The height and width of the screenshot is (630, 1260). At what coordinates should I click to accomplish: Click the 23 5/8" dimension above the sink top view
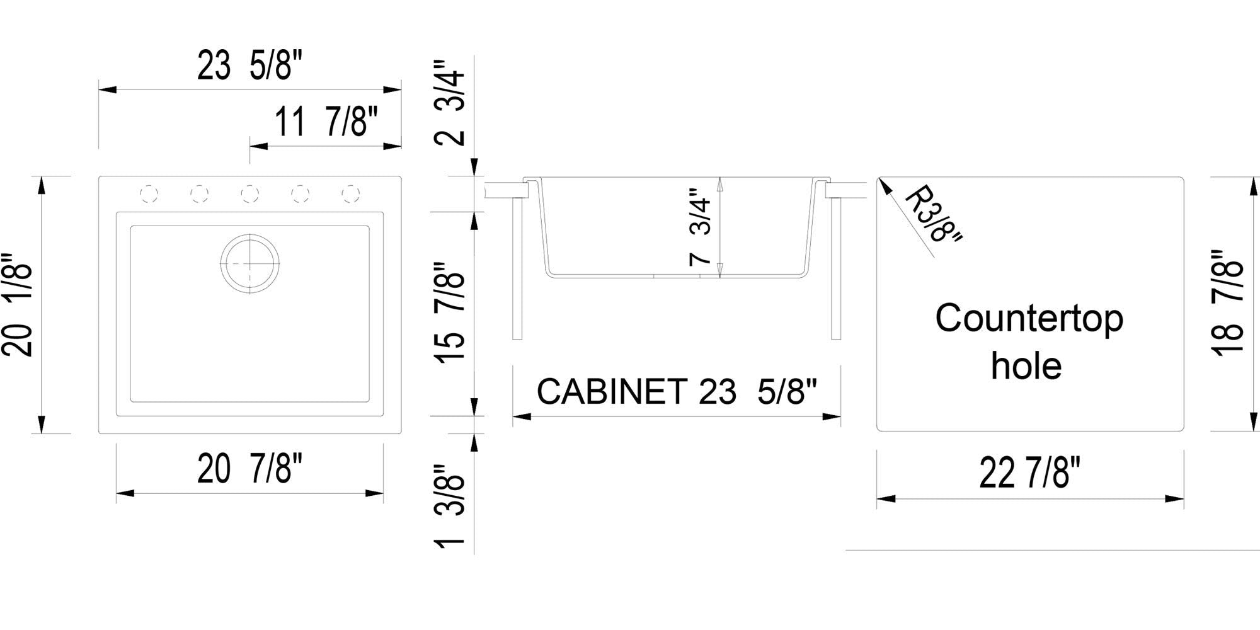[249, 66]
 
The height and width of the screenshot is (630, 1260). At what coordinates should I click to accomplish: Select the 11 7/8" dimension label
[326, 122]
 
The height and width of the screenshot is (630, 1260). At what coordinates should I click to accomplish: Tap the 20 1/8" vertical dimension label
[18, 306]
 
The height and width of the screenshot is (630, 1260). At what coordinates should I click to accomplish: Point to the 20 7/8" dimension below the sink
[249, 469]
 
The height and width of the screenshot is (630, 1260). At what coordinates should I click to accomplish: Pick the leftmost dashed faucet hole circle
[149, 194]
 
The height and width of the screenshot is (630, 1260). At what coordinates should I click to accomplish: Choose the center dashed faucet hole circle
[250, 194]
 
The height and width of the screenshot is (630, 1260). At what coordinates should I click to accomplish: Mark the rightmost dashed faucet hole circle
[351, 194]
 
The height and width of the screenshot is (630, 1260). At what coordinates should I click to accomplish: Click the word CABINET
[611, 392]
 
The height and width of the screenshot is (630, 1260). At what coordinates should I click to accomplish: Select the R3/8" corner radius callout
[932, 214]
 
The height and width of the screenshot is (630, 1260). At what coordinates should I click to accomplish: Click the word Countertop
[1029, 319]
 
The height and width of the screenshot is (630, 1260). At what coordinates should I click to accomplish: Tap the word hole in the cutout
[1026, 366]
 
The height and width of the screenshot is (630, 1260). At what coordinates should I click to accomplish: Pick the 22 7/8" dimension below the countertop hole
[1029, 473]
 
